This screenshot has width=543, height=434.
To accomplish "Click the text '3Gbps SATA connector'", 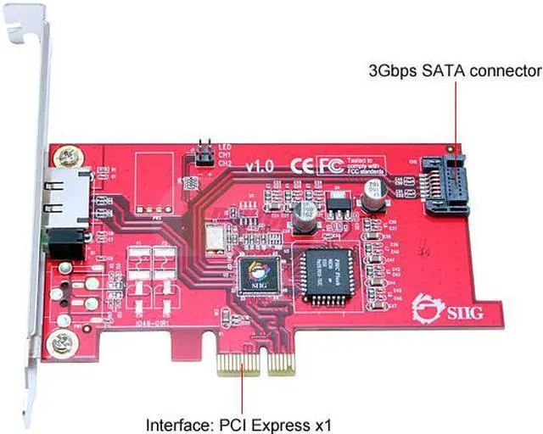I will point(453,71).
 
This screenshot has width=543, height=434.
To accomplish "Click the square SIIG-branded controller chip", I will point(256,275).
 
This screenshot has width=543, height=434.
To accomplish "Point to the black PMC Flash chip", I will point(327,271).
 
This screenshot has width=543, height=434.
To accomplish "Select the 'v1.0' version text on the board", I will point(259,166).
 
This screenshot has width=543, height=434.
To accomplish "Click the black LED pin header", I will point(204,155).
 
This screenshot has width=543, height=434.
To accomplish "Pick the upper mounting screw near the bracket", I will point(66,157).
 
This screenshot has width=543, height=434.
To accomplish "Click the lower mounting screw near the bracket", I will point(58,343).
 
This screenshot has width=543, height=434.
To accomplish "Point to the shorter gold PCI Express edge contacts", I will point(240,363).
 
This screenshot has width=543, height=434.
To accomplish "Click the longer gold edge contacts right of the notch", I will point(280,363).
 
